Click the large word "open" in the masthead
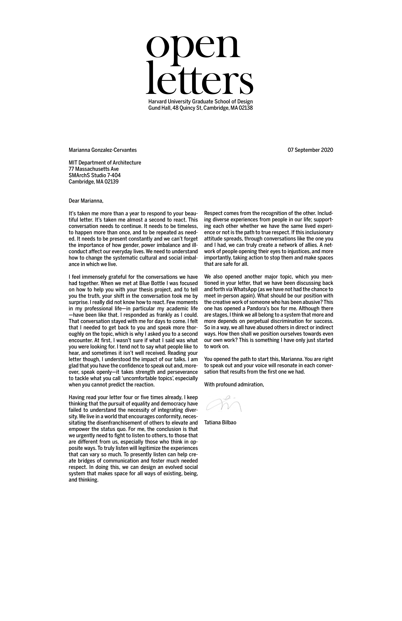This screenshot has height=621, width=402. click(x=193, y=47)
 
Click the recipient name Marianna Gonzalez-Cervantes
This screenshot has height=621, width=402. click(x=103, y=150)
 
